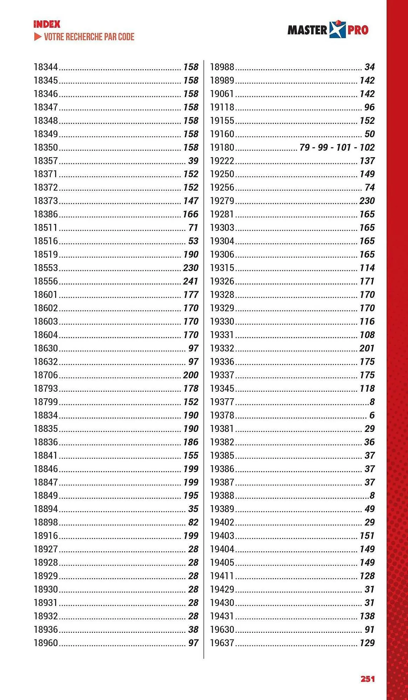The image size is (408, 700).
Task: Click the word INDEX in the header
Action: pos(47,24)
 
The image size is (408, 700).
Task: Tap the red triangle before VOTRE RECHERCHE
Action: pos(38,37)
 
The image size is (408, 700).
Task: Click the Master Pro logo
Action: pos(328,29)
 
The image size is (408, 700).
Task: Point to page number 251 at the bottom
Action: pos(367,679)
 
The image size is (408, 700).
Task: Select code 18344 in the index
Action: pos(46,67)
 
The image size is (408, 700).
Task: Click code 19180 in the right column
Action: pos(222,147)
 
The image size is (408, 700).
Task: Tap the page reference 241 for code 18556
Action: pos(190,281)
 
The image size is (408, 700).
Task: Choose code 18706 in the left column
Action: pos(46,375)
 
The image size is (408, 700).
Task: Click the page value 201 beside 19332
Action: pos(367,348)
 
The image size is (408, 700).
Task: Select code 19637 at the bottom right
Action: pos(222,643)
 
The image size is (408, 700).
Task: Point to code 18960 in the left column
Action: pos(46,643)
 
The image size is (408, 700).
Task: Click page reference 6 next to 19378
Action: pos(372,415)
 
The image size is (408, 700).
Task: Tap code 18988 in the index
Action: pos(222,67)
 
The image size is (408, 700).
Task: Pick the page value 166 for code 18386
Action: pos(190,214)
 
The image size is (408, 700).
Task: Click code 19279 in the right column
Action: pos(222,201)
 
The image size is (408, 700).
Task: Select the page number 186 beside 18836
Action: pos(191,442)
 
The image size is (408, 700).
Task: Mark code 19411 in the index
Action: pos(222,576)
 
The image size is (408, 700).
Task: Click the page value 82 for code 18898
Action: pos(193,523)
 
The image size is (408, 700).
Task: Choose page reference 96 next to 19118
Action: pos(369,107)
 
